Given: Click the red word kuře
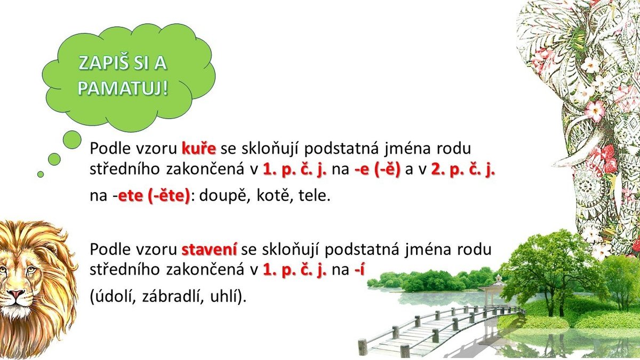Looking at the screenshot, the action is point(199,149).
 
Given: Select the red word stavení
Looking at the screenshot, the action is point(210,250).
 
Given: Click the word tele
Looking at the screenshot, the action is point(314,196).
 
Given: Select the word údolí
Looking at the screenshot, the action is point(115,297).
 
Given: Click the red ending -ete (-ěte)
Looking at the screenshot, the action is point(154,196).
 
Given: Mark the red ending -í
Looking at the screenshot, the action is point(359,269).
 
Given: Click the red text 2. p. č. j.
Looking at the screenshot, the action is point(463,169).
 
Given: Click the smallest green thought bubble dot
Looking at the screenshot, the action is point(41,174).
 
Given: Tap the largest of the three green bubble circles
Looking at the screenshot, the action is point(72,140).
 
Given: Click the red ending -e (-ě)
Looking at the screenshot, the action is point(378,169).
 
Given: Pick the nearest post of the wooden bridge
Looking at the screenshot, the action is point(405,351).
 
